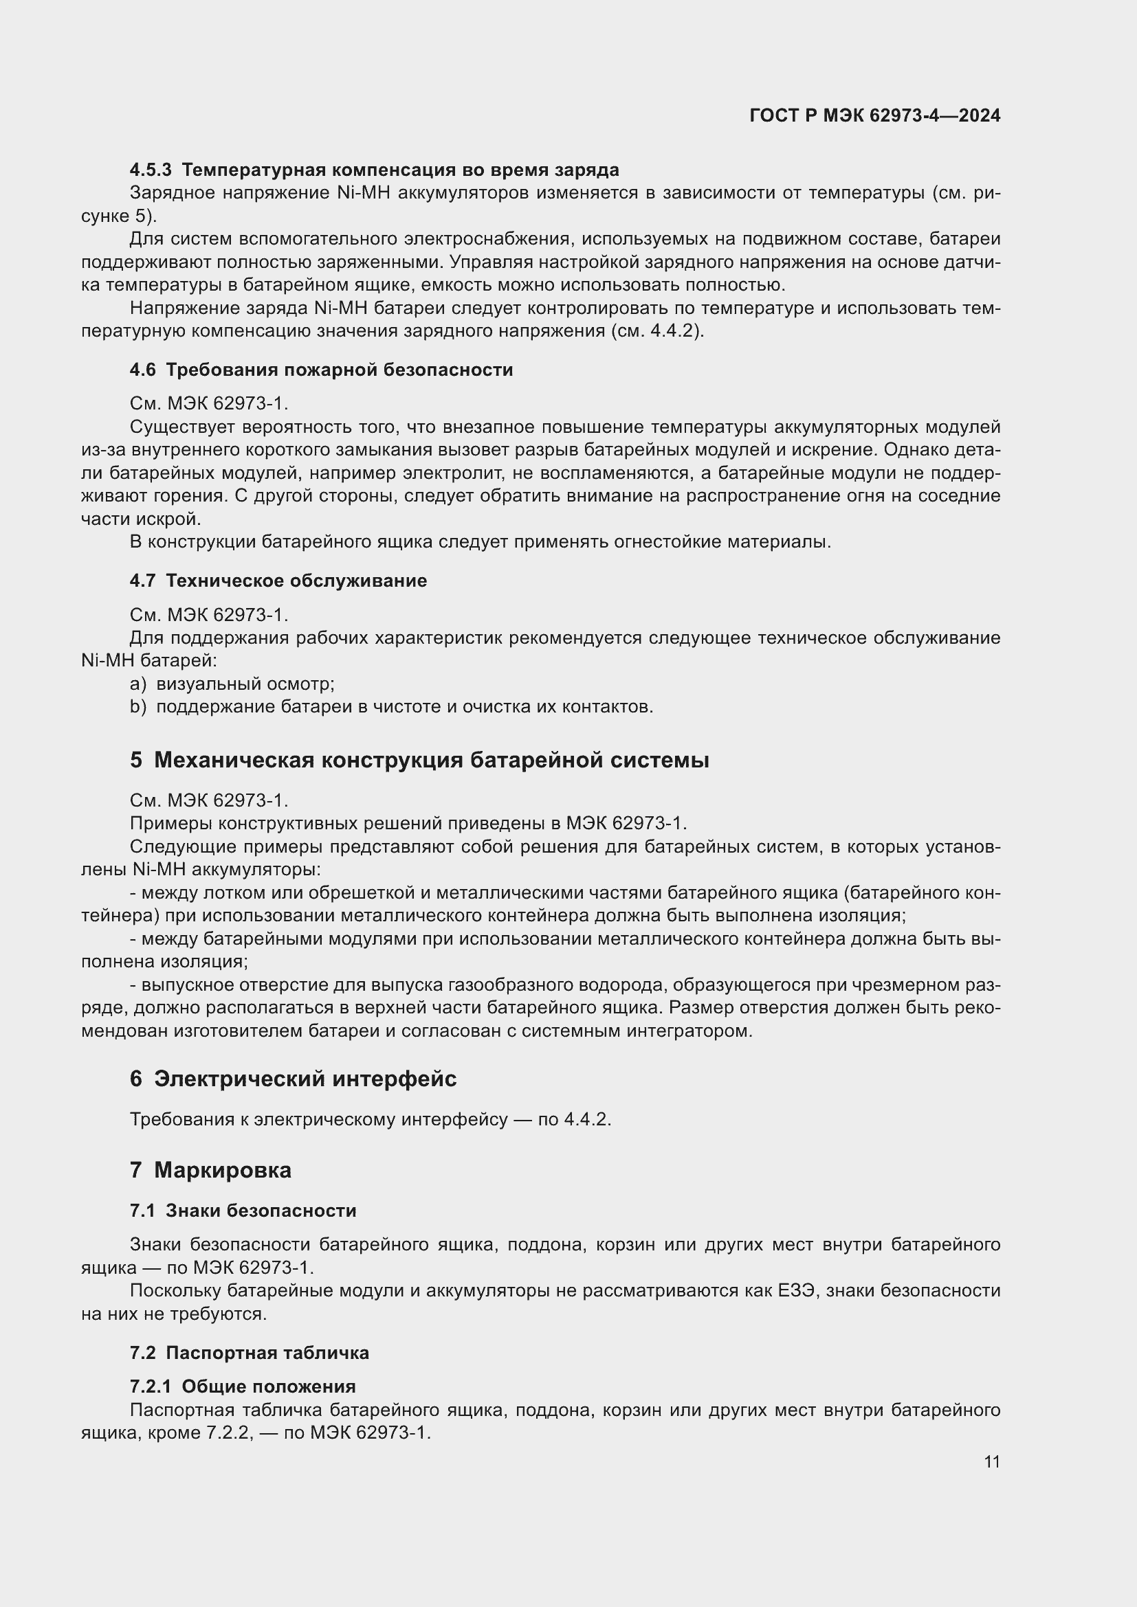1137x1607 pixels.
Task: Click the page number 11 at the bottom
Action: (991, 1461)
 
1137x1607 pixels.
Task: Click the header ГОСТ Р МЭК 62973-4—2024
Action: (874, 115)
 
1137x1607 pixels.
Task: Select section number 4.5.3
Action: (151, 170)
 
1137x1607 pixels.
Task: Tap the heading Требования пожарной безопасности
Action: (339, 370)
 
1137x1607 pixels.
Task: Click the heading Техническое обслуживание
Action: (296, 581)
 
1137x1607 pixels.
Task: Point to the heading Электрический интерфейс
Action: (305, 1079)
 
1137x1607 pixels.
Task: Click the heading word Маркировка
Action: (223, 1169)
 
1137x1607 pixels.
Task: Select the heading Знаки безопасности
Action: (261, 1210)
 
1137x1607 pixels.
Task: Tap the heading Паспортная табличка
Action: (267, 1352)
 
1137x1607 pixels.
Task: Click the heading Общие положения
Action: (268, 1386)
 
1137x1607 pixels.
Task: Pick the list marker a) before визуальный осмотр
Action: (138, 683)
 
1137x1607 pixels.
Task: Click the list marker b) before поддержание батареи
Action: (138, 706)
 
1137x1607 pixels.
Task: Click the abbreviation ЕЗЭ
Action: (797, 1290)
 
